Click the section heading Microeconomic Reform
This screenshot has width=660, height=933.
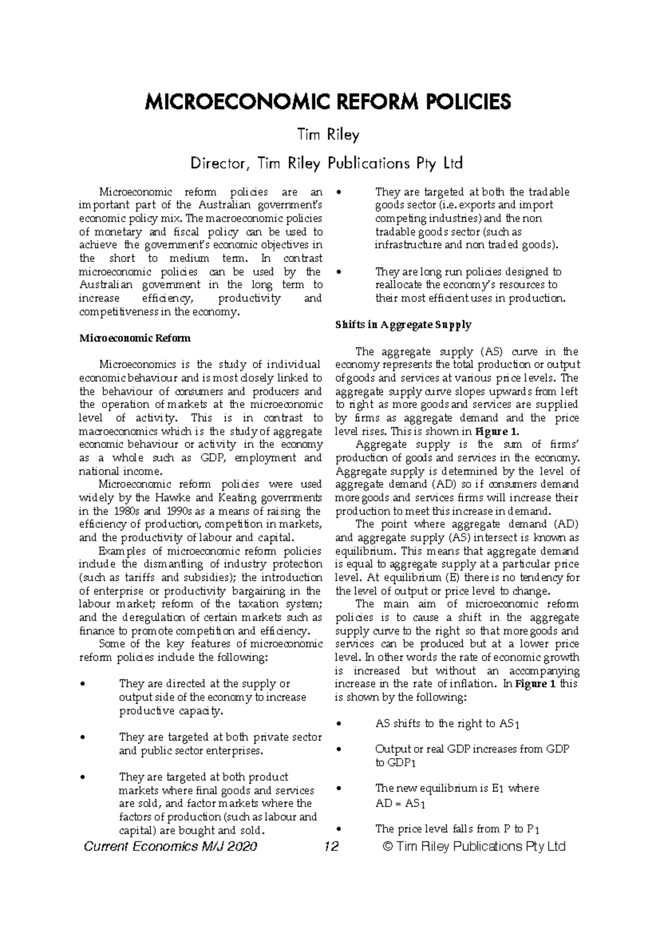(x=135, y=338)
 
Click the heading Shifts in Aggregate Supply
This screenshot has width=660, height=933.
(x=403, y=325)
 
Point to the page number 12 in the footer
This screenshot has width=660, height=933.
(x=332, y=846)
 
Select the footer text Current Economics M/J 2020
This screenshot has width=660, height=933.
(x=170, y=846)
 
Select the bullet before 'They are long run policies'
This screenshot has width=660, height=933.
(x=338, y=272)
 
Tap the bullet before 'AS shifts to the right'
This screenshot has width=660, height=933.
(x=338, y=725)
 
